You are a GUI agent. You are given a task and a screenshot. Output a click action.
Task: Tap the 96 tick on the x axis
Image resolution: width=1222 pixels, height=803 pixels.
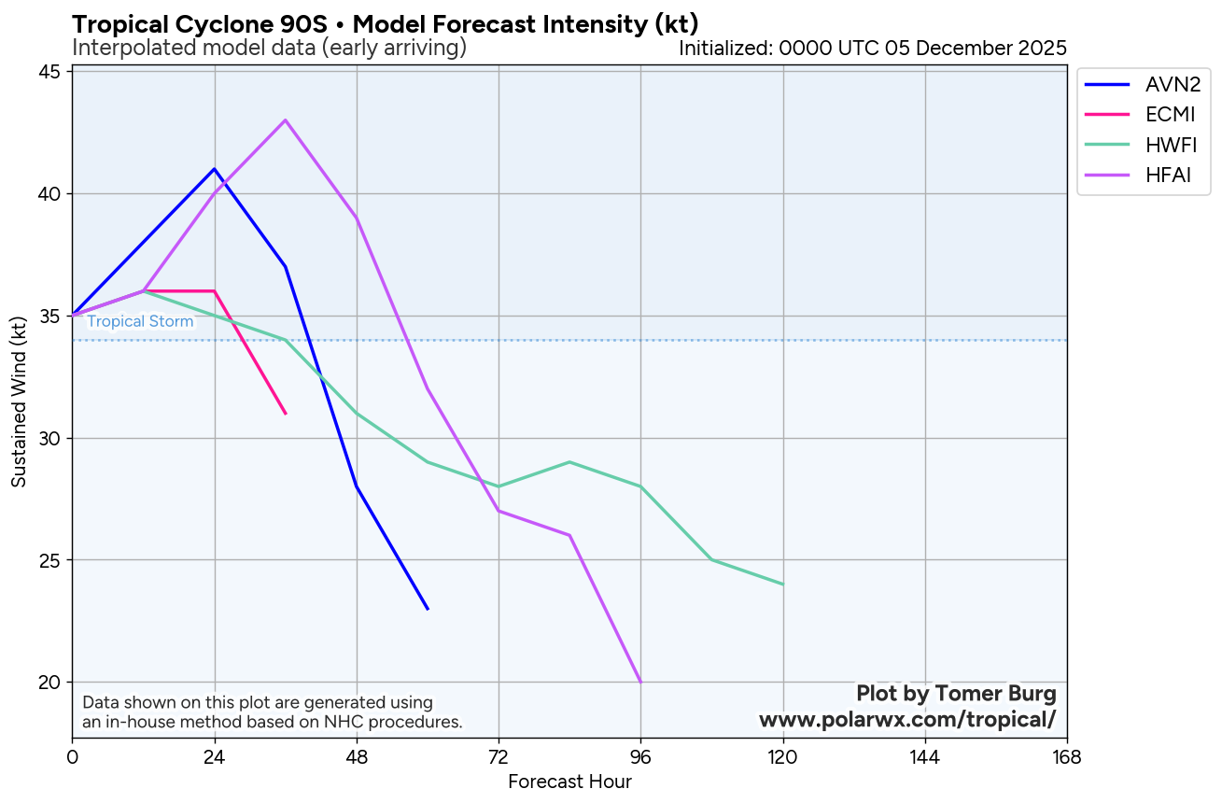click(640, 756)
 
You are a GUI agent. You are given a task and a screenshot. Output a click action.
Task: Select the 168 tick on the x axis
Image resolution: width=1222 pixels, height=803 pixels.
click(1066, 756)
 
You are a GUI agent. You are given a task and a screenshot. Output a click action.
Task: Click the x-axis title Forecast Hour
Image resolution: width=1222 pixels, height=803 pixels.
click(569, 782)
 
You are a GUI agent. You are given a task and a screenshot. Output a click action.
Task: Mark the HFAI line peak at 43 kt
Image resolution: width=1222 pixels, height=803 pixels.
click(286, 120)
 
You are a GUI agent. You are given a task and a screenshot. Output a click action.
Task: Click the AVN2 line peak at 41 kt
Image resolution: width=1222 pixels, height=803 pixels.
click(215, 169)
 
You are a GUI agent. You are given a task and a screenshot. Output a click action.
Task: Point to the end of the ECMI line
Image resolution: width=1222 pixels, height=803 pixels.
click(286, 414)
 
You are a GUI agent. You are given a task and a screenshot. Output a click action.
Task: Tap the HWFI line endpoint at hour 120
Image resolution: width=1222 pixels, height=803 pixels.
click(783, 585)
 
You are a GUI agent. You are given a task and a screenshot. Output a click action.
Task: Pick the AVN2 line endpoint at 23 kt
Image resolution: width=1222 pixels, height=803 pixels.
click(428, 609)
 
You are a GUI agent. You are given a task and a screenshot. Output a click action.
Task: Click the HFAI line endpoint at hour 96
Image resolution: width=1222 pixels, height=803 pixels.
click(640, 682)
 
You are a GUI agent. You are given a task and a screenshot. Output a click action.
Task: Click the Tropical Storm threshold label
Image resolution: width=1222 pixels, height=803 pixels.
click(140, 322)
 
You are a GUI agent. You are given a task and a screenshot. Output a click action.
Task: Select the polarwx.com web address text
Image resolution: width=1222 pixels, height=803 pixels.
click(906, 720)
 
